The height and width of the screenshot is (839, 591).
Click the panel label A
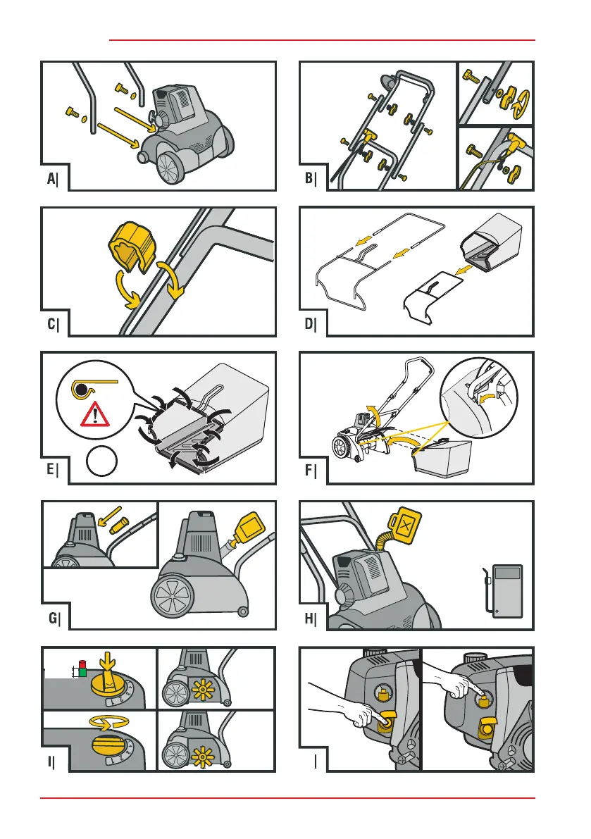[x=51, y=180]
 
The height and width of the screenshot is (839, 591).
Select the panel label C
[x=51, y=325]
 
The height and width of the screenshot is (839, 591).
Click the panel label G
[x=51, y=619]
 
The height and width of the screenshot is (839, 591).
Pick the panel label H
[x=310, y=619]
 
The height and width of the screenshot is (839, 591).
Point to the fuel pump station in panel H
[x=506, y=590]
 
